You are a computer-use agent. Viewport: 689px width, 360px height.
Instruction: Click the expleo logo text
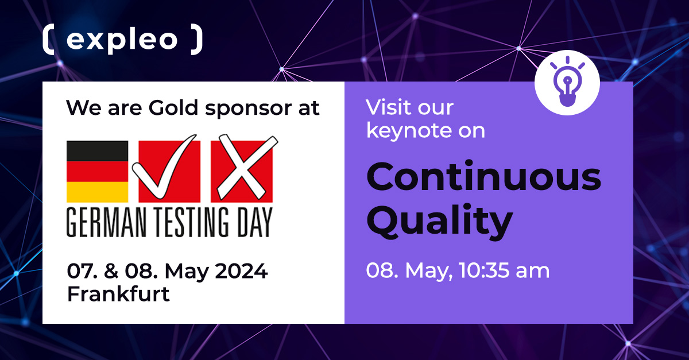(x=122, y=40)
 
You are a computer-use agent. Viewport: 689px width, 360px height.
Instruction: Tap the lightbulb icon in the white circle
(x=567, y=83)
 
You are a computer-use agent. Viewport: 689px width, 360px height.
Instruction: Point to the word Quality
(x=439, y=221)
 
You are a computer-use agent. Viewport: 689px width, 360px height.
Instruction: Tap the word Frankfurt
(x=118, y=294)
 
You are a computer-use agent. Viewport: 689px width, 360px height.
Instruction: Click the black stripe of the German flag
(x=97, y=151)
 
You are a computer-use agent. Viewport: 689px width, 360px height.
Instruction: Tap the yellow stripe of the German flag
(x=97, y=192)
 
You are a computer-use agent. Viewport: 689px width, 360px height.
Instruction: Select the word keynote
(x=402, y=131)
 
